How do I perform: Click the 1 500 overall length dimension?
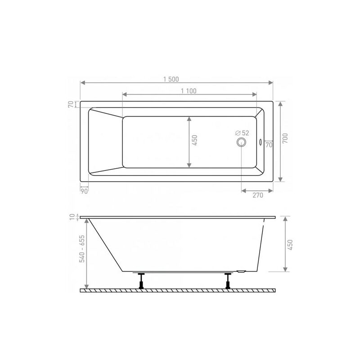point(171,80)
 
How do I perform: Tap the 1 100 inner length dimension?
point(189,91)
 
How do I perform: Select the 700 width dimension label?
point(285,138)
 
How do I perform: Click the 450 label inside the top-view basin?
point(194,140)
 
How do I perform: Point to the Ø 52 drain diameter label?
point(242,133)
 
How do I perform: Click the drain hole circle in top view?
point(241,142)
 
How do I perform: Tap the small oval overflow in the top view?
point(261,142)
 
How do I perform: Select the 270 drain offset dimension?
point(258,195)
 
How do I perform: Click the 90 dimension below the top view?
point(84,191)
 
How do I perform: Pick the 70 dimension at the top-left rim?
point(71,104)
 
